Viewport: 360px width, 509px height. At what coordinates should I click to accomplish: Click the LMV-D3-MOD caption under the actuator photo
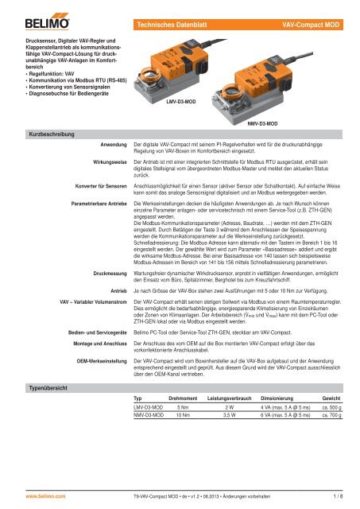pos(181,103)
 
